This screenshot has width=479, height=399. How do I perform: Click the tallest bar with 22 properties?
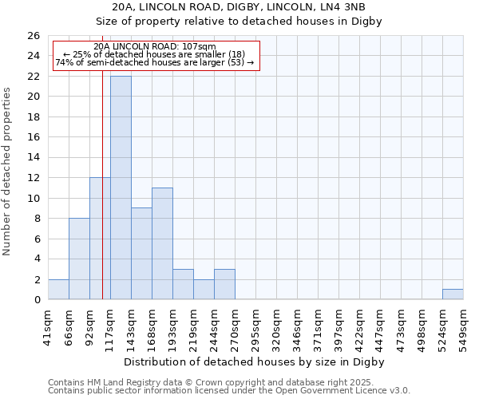point(121,188)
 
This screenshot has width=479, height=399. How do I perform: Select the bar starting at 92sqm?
point(100,239)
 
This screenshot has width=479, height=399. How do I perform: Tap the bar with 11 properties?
point(162,243)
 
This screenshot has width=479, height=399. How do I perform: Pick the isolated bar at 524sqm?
point(453,294)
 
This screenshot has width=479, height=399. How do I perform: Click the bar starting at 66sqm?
point(79,259)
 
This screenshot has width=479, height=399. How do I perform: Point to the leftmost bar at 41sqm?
point(58,290)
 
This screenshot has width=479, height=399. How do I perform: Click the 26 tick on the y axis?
point(33,36)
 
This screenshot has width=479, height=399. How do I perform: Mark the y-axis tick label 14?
point(33,158)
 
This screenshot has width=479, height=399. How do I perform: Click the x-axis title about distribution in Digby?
point(255,361)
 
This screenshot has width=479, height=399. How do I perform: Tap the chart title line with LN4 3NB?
point(239,7)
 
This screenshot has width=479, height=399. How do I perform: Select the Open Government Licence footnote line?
point(229,390)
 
